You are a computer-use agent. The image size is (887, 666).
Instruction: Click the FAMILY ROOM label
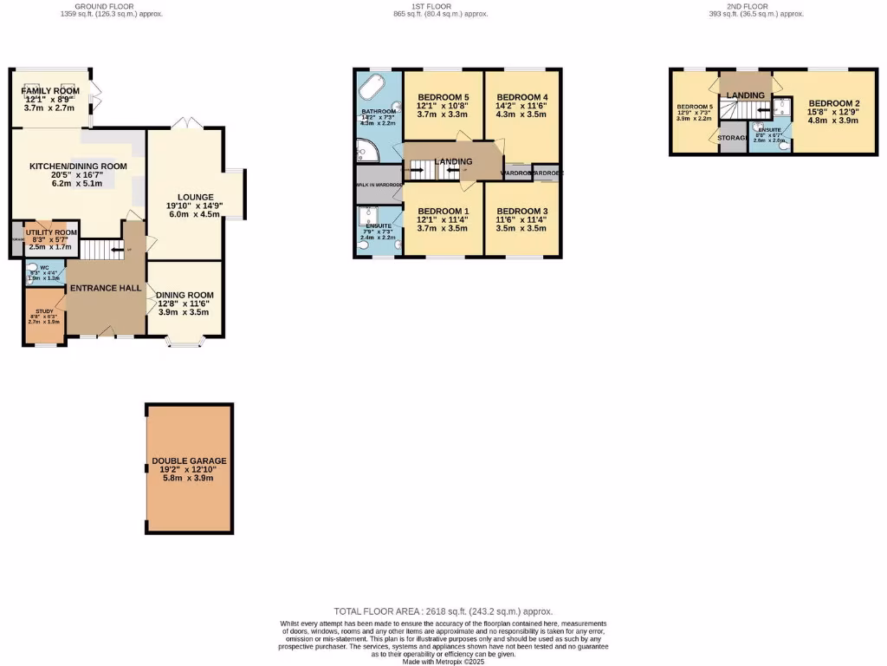[51, 91]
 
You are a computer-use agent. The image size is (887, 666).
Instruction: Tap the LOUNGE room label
[190, 197]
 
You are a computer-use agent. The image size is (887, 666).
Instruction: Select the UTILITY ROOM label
[52, 232]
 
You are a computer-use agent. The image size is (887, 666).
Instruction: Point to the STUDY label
[44, 311]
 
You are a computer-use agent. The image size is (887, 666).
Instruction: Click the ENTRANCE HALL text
[106, 288]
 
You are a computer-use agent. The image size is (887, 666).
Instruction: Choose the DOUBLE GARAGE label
[189, 461]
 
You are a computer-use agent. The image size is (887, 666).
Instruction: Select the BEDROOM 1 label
[443, 212]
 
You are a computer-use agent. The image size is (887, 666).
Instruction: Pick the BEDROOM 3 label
[522, 212]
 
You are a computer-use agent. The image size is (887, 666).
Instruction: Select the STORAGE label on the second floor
[733, 138]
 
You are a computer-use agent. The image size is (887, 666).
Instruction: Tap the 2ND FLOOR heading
[747, 6]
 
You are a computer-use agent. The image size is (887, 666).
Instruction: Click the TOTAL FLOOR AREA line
[443, 611]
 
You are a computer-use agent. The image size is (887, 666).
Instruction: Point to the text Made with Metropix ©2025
[443, 662]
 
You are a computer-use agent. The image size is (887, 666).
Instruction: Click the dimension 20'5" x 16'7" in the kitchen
[78, 175]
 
